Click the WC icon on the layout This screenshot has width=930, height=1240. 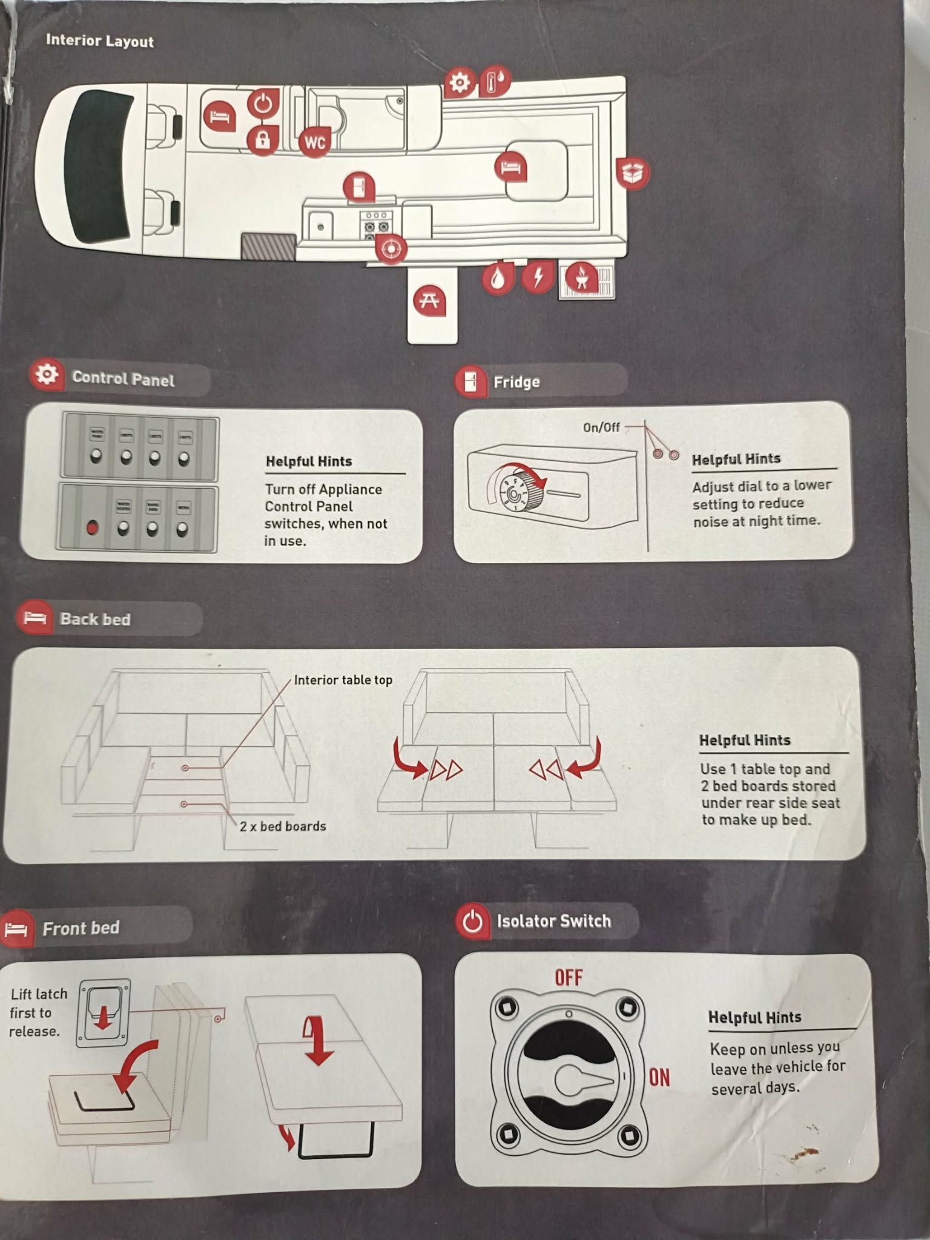coord(315,142)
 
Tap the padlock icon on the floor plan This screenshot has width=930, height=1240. coord(262,140)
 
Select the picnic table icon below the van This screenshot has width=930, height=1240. coord(429,300)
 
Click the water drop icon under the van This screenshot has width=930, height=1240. coord(497,279)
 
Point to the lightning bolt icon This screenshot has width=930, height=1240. coord(537,277)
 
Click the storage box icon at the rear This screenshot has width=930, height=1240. coord(632,173)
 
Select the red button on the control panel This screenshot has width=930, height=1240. coord(92,527)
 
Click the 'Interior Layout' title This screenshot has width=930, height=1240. coord(100,41)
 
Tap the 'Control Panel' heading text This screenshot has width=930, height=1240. coord(123,379)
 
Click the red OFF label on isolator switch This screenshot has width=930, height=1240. coord(569,977)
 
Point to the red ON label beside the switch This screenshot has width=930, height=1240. coord(659,1077)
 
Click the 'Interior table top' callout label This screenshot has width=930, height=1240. coord(343,680)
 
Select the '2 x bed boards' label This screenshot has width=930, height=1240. coord(283,826)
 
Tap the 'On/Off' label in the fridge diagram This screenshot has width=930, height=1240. coord(601,427)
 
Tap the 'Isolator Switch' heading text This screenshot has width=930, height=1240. coord(553,921)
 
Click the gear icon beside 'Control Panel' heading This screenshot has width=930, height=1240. coord(47,375)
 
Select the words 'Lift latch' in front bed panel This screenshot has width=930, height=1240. coord(39,994)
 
